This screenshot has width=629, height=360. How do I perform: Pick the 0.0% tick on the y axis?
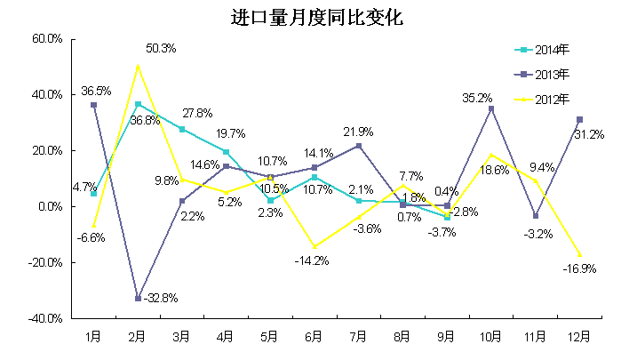[49, 206]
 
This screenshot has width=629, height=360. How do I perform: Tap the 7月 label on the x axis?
[358, 337]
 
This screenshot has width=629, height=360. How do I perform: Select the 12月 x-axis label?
[579, 337]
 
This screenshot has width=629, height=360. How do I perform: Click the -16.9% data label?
[579, 268]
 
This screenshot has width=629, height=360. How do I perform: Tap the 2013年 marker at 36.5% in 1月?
[93, 105]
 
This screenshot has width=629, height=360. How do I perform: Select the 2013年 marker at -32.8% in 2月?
[138, 298]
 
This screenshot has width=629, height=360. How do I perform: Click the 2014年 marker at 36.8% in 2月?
[138, 104]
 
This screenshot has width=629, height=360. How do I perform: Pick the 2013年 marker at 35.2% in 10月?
[491, 108]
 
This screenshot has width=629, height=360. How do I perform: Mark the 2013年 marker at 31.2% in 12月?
[579, 119]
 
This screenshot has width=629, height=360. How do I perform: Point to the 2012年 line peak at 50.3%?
[138, 66]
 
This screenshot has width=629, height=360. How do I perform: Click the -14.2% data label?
[314, 260]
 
